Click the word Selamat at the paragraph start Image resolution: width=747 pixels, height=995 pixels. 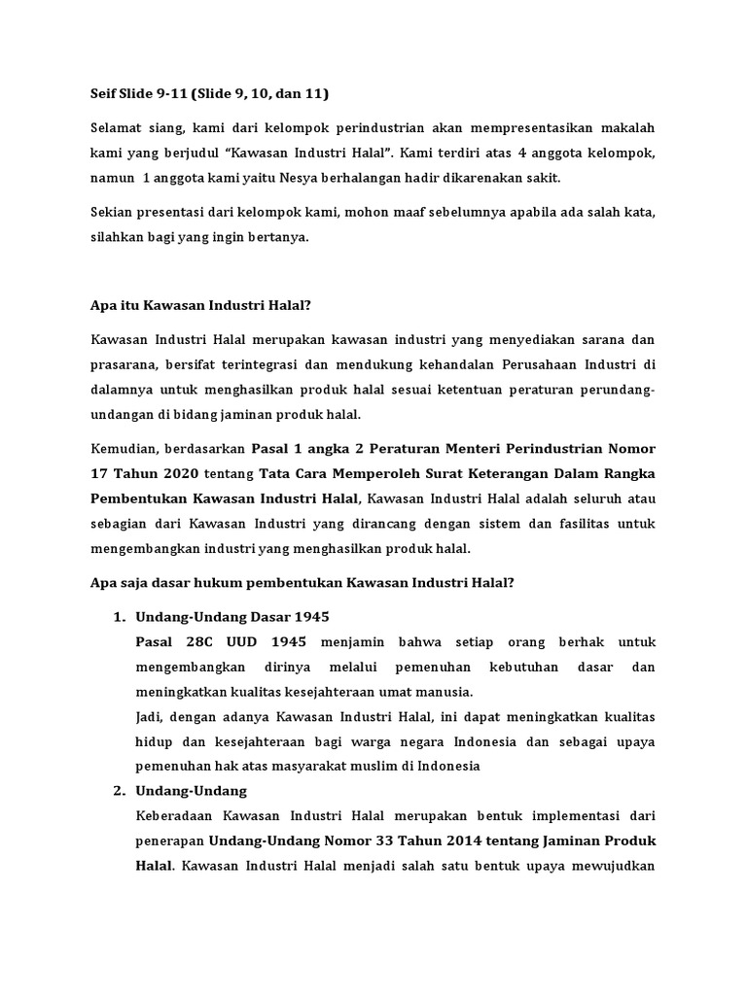point(118,128)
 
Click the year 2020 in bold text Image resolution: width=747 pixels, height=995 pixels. point(180,473)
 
